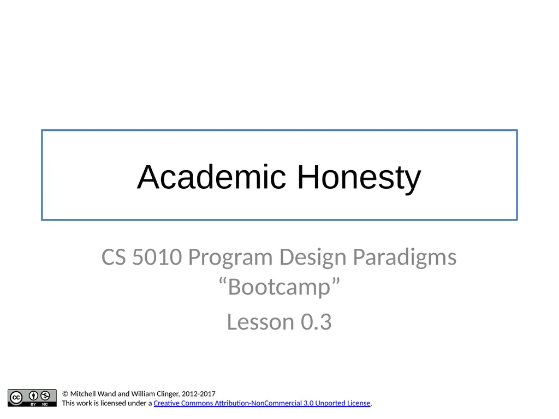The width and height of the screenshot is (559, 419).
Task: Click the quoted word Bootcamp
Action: click(279, 287)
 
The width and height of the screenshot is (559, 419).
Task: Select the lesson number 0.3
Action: click(316, 322)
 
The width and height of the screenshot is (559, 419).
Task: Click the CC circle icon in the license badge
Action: click(16, 397)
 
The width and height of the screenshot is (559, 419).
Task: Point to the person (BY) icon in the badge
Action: click(33, 396)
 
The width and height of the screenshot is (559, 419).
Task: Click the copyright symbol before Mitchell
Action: click(66, 394)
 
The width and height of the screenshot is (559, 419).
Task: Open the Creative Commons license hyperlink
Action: click(262, 404)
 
